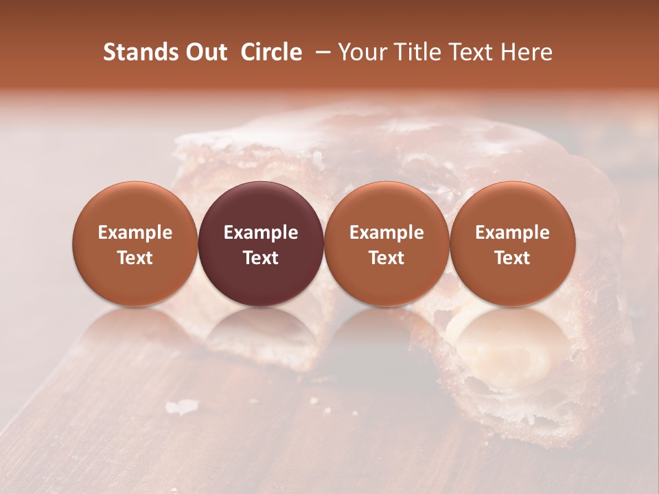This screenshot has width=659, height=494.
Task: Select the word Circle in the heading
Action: pyautogui.click(x=271, y=52)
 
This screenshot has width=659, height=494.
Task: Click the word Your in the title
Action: pyautogui.click(x=361, y=52)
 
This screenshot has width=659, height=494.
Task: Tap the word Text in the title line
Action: pyautogui.click(x=471, y=52)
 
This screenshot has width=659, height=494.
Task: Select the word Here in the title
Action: pyautogui.click(x=527, y=52)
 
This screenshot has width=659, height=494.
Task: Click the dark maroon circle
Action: pyautogui.click(x=261, y=244)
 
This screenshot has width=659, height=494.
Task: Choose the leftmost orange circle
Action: pyautogui.click(x=135, y=244)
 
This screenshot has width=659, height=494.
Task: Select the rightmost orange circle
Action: pyautogui.click(x=512, y=244)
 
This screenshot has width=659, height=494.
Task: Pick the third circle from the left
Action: pyautogui.click(x=386, y=244)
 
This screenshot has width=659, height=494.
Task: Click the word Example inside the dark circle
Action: pyautogui.click(x=261, y=233)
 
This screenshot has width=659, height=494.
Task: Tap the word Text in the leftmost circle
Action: pyautogui.click(x=135, y=258)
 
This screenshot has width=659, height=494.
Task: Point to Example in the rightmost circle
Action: pyautogui.click(x=512, y=233)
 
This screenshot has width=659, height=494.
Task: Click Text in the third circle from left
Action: pyautogui.click(x=386, y=258)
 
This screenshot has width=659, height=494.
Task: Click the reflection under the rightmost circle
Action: pyautogui.click(x=512, y=336)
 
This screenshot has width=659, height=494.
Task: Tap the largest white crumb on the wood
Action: pyautogui.click(x=182, y=407)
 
